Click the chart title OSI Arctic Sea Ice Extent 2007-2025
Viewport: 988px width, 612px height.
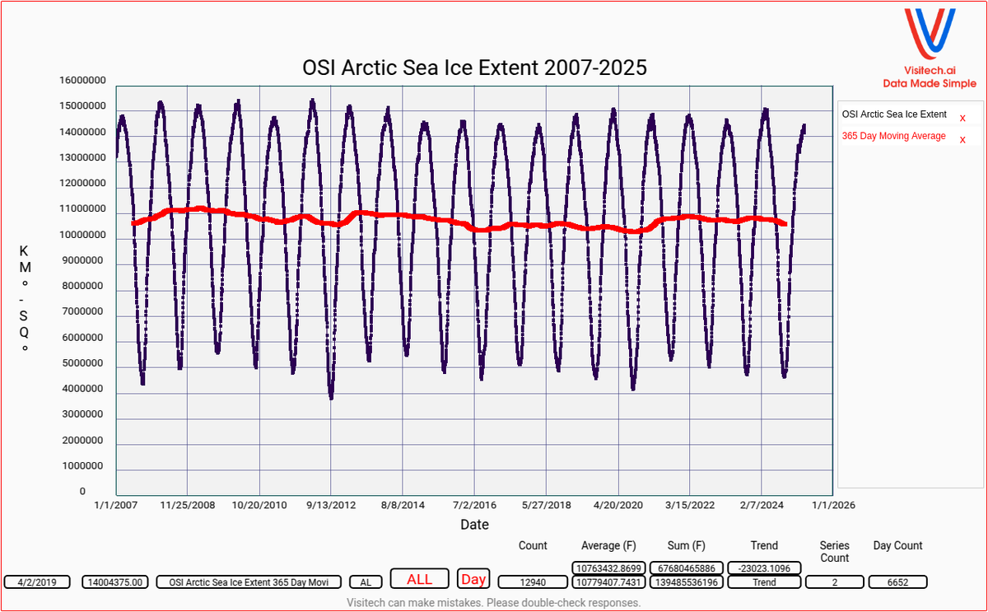coord(474,68)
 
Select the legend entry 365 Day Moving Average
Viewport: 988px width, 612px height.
coord(893,136)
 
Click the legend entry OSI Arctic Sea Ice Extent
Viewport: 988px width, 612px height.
coord(893,114)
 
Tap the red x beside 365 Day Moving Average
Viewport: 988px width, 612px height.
coord(962,139)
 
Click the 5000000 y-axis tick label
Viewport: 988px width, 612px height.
coord(82,363)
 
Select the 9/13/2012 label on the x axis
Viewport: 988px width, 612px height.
coord(331,505)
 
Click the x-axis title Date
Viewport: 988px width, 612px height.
coord(474,525)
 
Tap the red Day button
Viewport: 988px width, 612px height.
coord(473,579)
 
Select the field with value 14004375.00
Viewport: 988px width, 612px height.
coord(116,582)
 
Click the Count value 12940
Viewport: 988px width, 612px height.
coord(533,582)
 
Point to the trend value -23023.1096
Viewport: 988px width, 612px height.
coord(764,568)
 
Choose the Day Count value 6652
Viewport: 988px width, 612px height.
coord(897,582)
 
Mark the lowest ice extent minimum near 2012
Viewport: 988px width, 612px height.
coord(331,398)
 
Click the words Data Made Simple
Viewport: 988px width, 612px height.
coord(930,83)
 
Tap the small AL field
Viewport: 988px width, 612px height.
coord(366,582)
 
